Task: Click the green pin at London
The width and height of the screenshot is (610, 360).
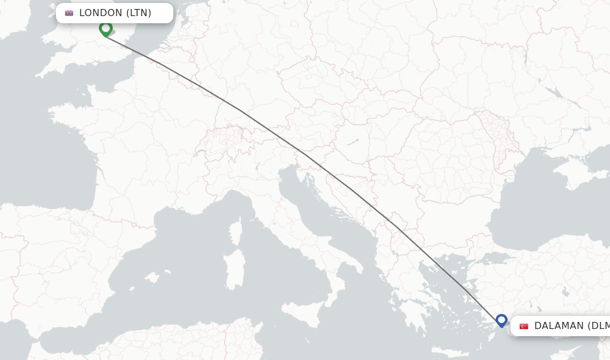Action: point(105,28)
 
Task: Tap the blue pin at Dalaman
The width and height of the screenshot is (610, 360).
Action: point(502,321)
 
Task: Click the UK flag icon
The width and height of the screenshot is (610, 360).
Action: point(69,13)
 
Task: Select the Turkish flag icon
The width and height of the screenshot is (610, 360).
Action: point(524,326)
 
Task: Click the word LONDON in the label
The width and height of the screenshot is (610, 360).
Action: point(100,13)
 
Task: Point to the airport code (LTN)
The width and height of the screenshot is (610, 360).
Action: point(139,13)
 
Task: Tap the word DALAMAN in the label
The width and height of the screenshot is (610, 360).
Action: point(559,326)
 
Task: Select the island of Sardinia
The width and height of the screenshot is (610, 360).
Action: point(235,262)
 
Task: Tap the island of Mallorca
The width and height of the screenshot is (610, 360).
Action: point(152,278)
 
